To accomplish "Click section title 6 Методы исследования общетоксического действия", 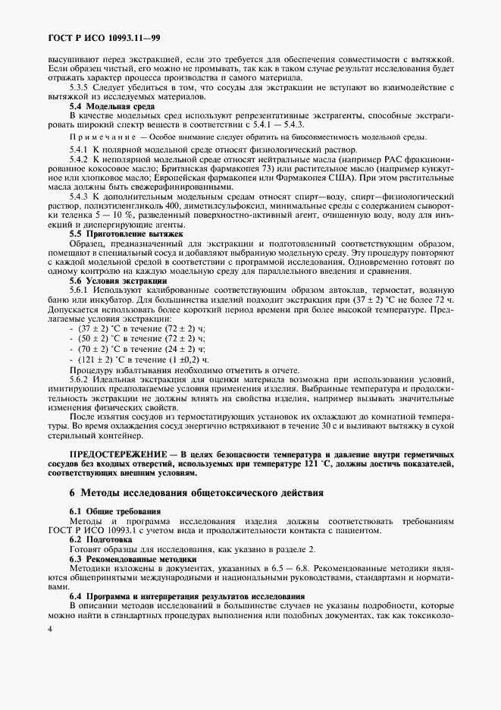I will point(196,493).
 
